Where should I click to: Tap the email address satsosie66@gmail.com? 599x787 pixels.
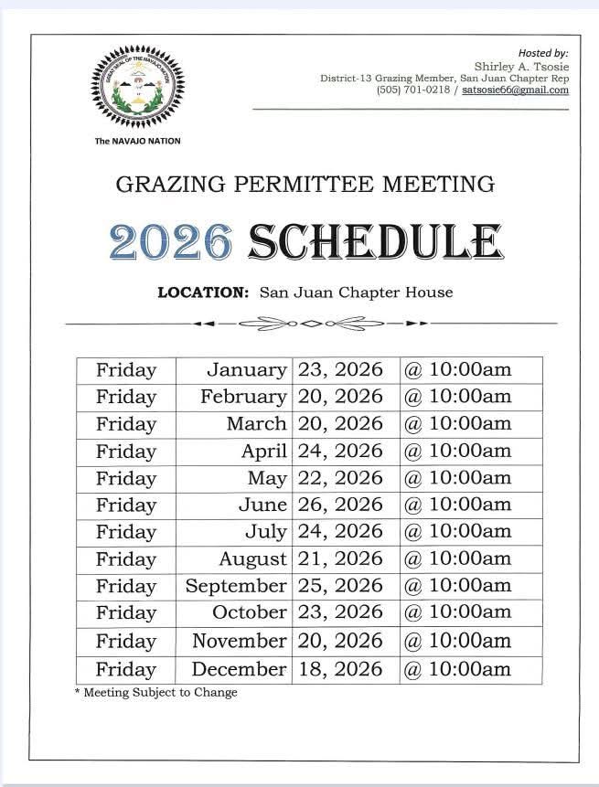click(516, 90)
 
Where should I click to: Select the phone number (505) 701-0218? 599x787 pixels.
click(412, 90)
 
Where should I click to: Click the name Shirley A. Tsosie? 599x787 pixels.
click(521, 66)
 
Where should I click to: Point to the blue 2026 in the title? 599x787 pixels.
click(171, 241)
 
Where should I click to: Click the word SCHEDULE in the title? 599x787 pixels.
click(375, 241)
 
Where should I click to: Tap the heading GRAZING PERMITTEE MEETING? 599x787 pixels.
click(305, 185)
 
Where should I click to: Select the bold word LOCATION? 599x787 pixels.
click(203, 292)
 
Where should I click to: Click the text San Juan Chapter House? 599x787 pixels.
click(356, 292)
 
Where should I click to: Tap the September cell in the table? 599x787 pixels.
click(236, 586)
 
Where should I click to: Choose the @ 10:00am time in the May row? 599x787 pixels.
click(457, 478)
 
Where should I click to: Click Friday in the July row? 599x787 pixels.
click(126, 532)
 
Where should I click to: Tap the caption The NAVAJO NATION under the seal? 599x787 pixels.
click(137, 141)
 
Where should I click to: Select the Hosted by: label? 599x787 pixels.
click(543, 54)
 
